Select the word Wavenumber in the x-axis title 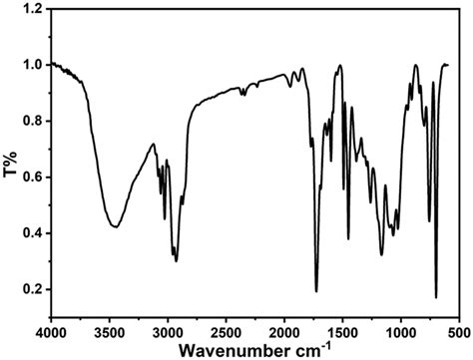229,350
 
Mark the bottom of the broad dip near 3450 115,227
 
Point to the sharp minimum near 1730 316,291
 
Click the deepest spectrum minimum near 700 436,297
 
